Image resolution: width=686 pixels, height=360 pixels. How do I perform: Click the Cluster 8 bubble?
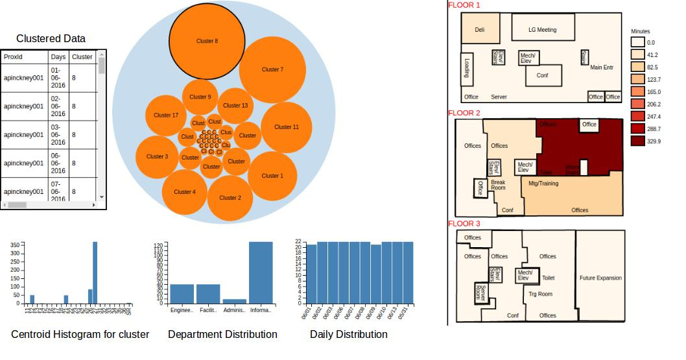(x=207, y=41)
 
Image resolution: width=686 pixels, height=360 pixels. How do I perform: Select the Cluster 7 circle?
(x=272, y=69)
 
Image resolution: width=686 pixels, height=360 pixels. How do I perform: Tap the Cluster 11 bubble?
(x=287, y=127)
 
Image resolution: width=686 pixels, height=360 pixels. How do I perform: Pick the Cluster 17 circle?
(x=166, y=115)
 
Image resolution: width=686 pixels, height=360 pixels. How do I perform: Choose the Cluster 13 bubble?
(x=235, y=106)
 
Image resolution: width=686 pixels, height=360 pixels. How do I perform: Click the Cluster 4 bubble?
(x=184, y=192)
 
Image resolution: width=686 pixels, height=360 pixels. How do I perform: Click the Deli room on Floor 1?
(x=480, y=30)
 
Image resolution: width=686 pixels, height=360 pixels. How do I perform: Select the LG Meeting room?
(x=542, y=30)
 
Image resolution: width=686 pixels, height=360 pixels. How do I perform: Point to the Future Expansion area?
(x=600, y=278)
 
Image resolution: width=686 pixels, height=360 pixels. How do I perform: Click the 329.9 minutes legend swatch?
(x=637, y=141)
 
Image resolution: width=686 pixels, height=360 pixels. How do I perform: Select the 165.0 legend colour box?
(x=637, y=91)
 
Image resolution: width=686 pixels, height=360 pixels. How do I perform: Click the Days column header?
(x=58, y=57)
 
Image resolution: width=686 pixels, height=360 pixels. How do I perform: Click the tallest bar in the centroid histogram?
(x=95, y=272)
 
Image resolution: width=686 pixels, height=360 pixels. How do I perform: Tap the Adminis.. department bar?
(x=234, y=301)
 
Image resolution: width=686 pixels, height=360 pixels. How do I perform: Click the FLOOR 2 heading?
(x=464, y=114)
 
